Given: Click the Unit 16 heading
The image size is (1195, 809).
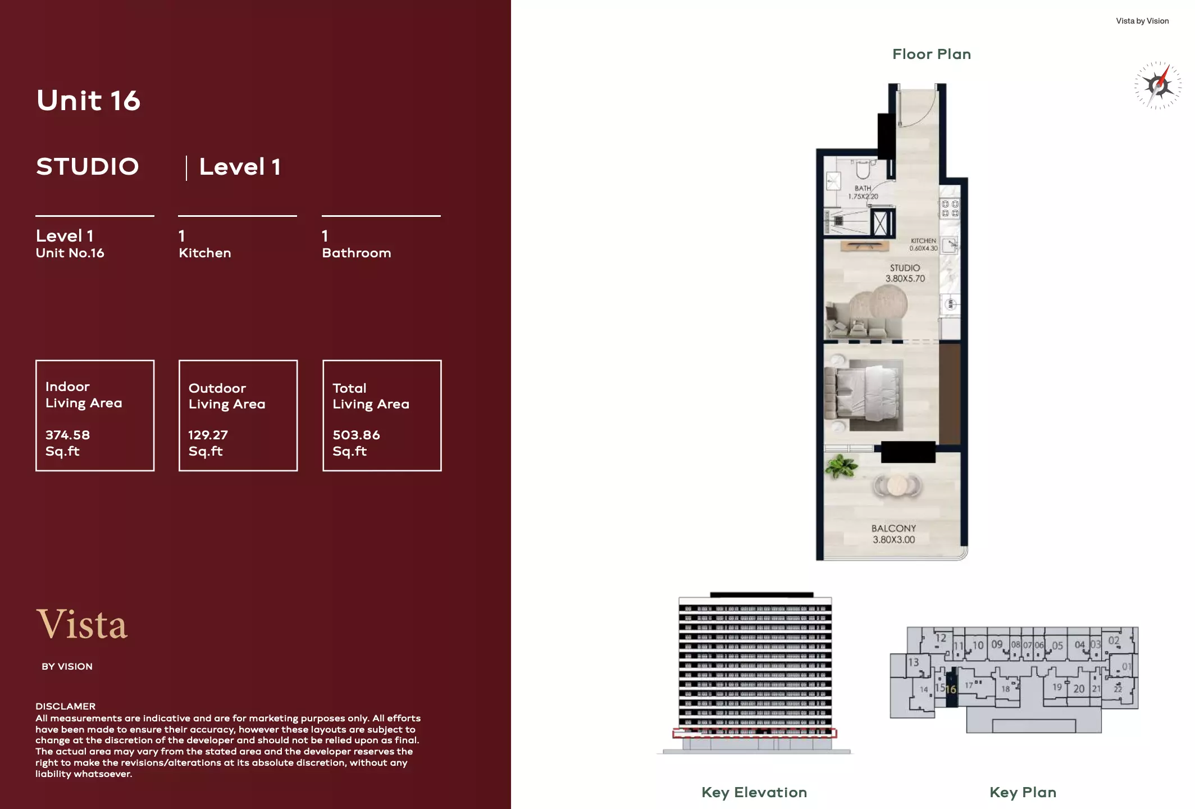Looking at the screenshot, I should (88, 101).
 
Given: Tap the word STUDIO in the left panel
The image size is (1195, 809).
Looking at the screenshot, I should (88, 167).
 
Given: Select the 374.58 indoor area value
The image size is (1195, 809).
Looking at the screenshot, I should (67, 435).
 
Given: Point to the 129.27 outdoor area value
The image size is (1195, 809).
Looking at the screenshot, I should (208, 435).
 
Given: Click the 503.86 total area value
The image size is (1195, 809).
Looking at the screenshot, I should (356, 435).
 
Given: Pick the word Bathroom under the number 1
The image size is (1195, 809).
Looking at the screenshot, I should (356, 253).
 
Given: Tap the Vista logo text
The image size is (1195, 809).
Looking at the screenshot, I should (82, 624).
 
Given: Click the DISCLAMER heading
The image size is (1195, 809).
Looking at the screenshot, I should (65, 706).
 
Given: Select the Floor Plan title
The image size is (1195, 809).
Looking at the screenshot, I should (931, 54).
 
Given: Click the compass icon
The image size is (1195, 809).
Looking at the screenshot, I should (1157, 85).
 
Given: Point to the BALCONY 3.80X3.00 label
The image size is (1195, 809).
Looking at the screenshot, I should (893, 534).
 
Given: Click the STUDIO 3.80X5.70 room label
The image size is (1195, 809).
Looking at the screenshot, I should (905, 273).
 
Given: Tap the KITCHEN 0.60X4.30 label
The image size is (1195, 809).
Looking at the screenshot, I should (923, 244).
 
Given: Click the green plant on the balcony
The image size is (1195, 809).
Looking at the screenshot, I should (841, 466).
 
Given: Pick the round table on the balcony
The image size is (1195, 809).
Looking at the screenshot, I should (897, 485).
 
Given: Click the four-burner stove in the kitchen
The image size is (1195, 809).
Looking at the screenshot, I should (950, 208).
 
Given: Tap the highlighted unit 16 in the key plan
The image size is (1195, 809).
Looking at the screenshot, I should (951, 689).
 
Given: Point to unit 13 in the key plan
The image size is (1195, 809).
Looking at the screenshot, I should (914, 662).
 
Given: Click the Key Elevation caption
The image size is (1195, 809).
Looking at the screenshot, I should (754, 792).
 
